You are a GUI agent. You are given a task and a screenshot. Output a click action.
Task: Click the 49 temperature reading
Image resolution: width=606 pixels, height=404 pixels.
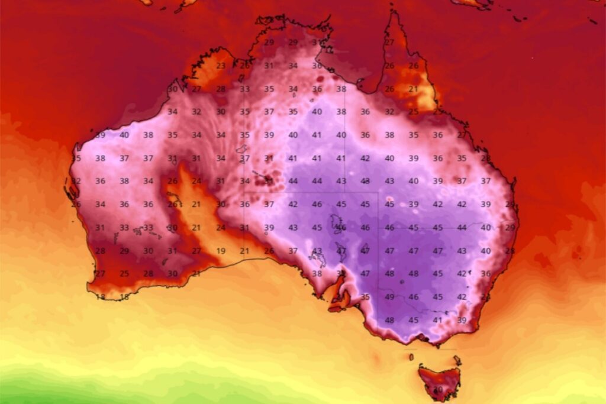pos(389,297)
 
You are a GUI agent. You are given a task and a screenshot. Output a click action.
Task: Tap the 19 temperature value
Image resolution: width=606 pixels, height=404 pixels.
pos(221,251)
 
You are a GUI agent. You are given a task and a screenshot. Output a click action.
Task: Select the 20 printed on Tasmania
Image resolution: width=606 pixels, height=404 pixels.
pos(438,390)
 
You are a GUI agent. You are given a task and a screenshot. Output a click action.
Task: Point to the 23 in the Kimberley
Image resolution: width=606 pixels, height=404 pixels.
pos(221,66)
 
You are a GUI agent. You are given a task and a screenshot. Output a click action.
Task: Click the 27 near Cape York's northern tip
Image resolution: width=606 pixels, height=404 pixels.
pos(389,43)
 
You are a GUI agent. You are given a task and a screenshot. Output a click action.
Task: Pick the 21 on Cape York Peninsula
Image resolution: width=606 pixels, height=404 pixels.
pos(413,89)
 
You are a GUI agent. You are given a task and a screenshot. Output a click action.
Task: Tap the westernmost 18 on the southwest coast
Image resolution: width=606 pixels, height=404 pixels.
pos(100,297)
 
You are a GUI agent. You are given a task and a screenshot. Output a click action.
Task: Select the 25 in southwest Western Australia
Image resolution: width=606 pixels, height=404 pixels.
pos(124,274)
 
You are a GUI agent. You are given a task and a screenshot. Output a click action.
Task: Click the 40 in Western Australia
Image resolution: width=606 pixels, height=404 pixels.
pos(124,135)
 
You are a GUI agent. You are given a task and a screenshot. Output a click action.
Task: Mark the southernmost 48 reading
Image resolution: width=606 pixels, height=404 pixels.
pos(389,320)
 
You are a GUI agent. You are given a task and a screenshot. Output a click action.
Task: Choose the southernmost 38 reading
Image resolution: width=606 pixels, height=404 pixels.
pos(317,274)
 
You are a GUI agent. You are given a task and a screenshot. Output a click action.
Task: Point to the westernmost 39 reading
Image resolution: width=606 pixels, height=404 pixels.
pos(100,135)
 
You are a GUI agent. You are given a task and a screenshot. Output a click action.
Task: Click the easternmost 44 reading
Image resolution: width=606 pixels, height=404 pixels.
pos(462,228)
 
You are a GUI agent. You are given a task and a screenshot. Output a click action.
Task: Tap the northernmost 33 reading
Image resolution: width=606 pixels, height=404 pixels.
pos(244,89)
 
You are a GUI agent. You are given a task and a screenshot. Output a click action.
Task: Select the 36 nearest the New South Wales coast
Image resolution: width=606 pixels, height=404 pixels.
pos(485,274)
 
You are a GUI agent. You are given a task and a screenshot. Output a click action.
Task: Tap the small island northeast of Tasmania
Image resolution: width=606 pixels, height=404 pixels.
pos(456,359)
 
